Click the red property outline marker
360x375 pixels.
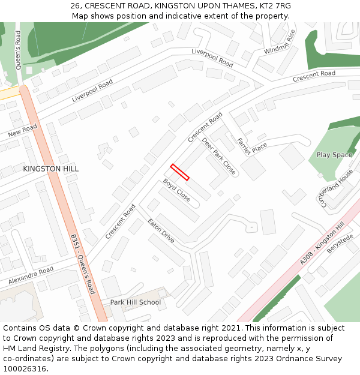pos(180,172)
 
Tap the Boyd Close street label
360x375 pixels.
pos(177,190)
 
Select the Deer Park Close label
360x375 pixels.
pos(219,156)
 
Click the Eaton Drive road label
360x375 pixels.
pos(161,231)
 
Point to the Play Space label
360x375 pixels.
pos(334,155)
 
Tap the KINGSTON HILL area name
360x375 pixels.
pos(51,169)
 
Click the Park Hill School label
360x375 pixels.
pos(136,302)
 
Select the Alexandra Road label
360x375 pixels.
pos(31,276)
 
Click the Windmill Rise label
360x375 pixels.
pos(280,41)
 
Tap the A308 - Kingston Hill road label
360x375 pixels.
pos(322,243)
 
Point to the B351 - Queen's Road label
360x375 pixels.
pos(82,265)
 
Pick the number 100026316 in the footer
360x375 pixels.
pos(25,368)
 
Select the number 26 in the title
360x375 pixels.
pos(75,5)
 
